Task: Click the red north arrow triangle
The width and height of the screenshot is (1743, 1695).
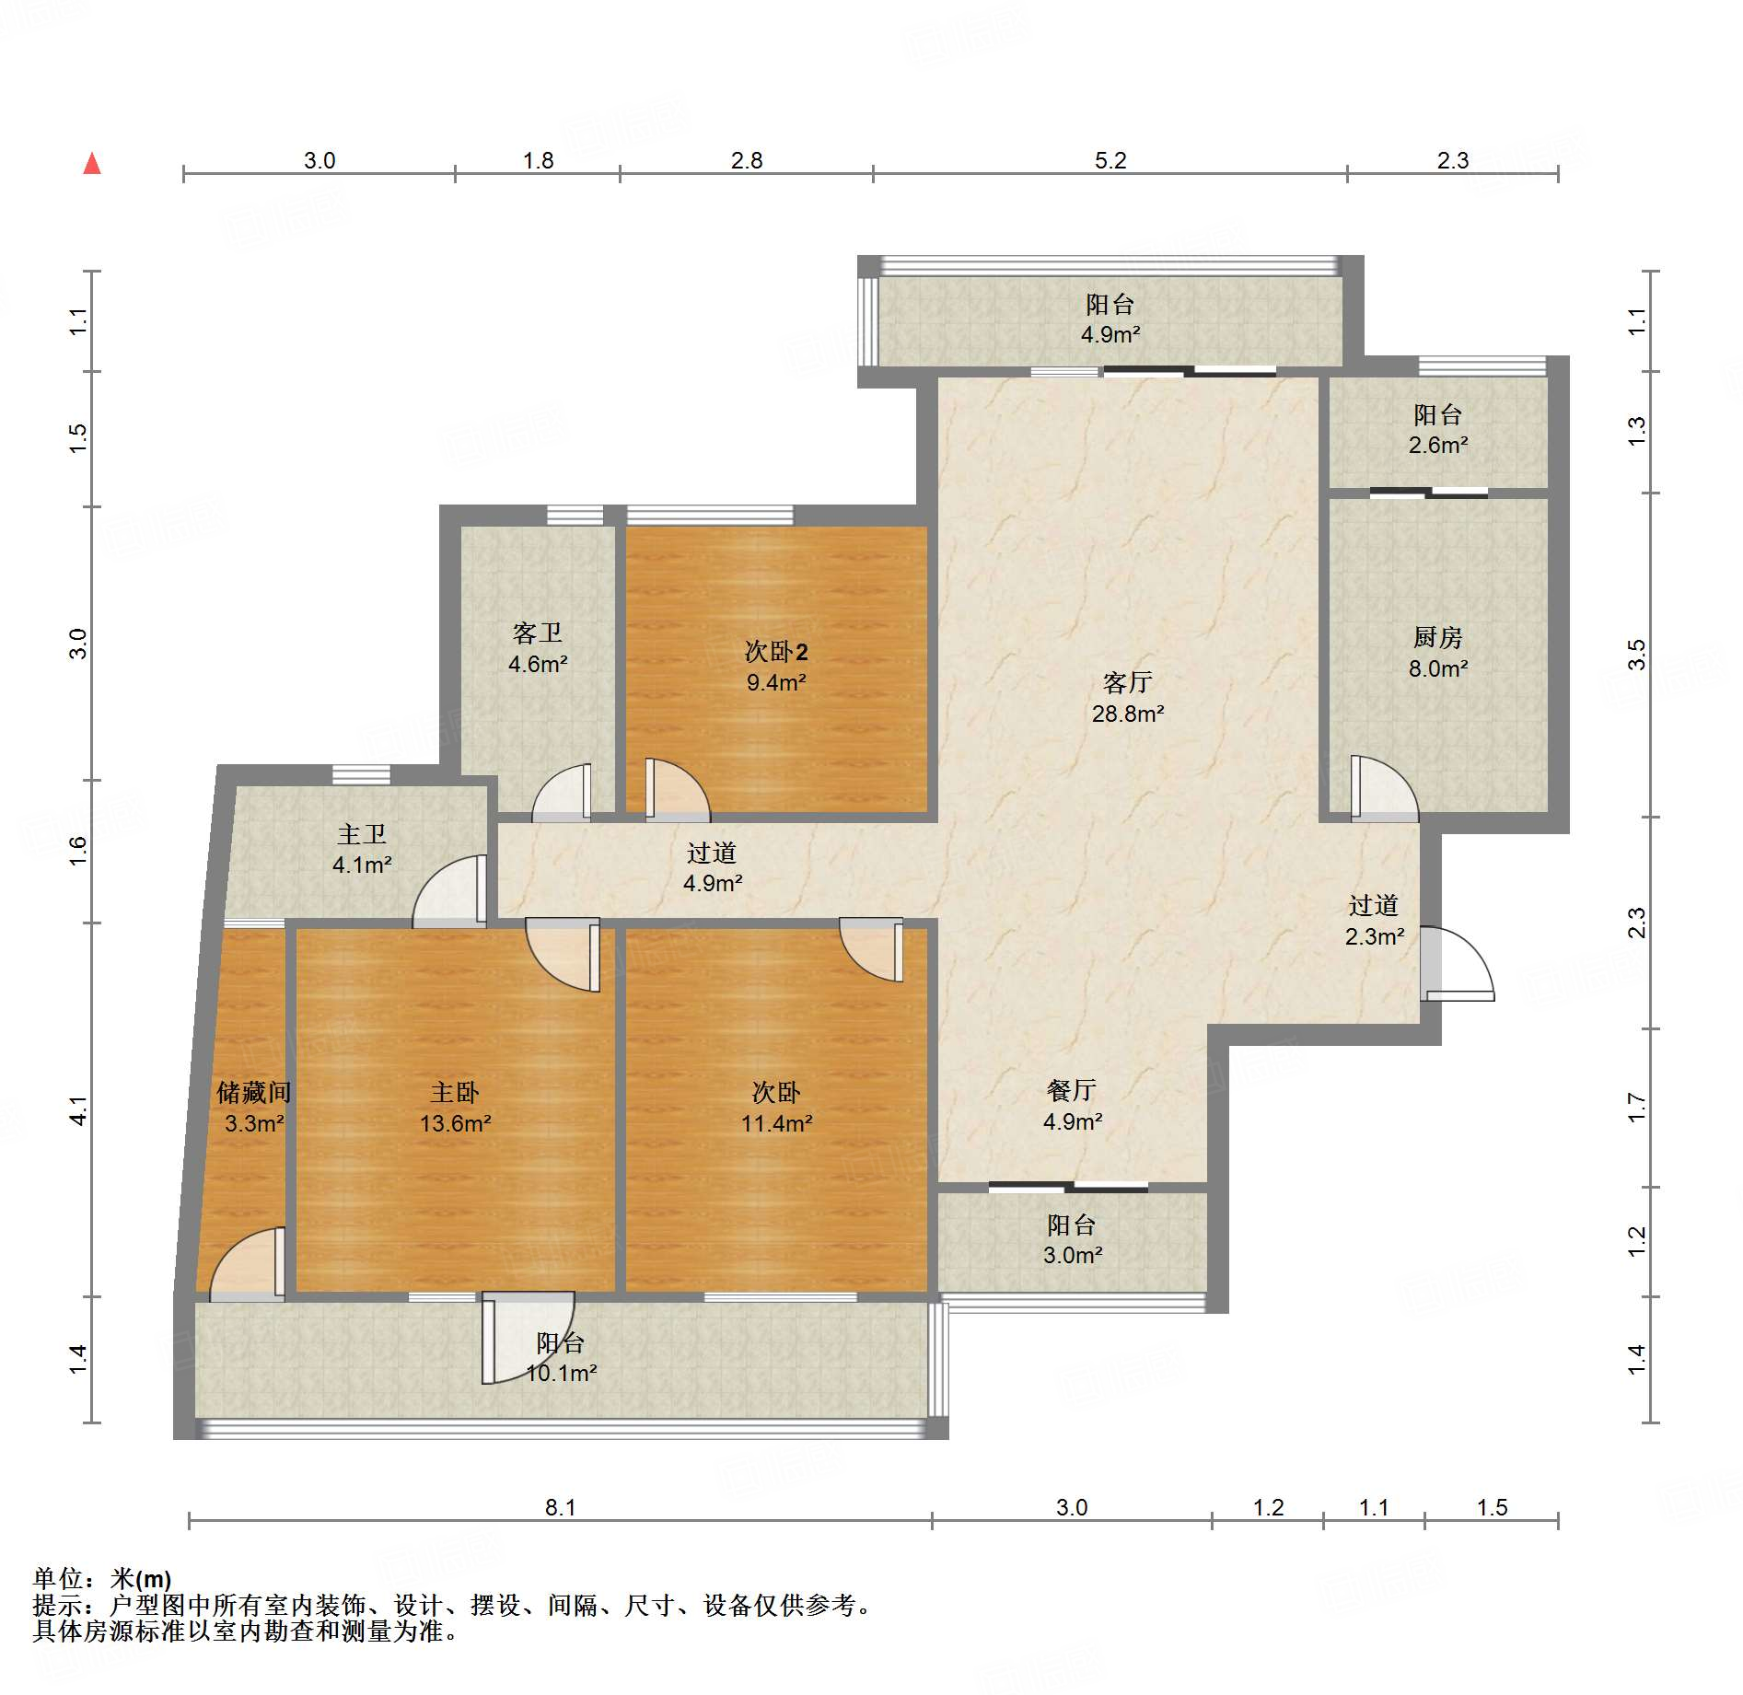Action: (92, 163)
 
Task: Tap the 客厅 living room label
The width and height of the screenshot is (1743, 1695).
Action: (1128, 682)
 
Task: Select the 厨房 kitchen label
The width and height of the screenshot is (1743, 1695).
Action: (1437, 637)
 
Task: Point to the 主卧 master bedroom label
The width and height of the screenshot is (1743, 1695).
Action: (455, 1092)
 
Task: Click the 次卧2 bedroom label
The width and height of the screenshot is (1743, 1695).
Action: (776, 652)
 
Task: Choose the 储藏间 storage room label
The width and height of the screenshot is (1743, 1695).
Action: (254, 1092)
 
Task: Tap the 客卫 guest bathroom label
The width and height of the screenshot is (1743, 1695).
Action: (538, 633)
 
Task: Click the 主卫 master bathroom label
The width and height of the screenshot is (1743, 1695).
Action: (362, 834)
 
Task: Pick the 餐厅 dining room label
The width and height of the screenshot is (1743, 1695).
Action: (1072, 1090)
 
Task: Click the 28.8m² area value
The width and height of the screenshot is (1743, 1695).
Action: (1128, 714)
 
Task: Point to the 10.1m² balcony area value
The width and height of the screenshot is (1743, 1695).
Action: (562, 1373)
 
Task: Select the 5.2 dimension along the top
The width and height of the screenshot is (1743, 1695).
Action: (1110, 160)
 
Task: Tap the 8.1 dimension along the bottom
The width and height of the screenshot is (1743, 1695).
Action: (560, 1507)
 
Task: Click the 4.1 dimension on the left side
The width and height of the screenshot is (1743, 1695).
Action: (79, 1110)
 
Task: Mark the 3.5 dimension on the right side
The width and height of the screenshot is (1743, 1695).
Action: (1636, 655)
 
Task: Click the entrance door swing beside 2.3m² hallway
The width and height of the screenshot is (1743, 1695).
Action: (1458, 963)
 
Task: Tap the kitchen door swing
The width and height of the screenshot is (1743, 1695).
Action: (1385, 788)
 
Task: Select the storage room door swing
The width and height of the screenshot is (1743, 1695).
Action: (247, 1263)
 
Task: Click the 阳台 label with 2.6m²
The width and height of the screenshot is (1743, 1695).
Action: (1437, 414)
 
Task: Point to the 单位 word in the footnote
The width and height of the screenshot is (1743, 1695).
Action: (58, 1578)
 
